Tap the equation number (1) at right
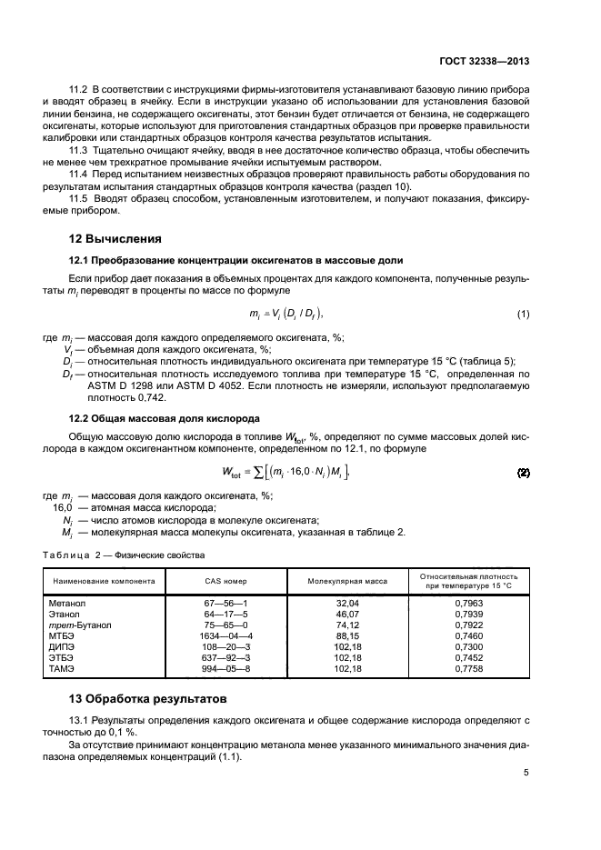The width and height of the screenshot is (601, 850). click(x=523, y=315)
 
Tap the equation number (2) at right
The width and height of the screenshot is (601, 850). click(x=523, y=473)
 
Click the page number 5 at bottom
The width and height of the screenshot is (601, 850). click(x=526, y=773)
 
